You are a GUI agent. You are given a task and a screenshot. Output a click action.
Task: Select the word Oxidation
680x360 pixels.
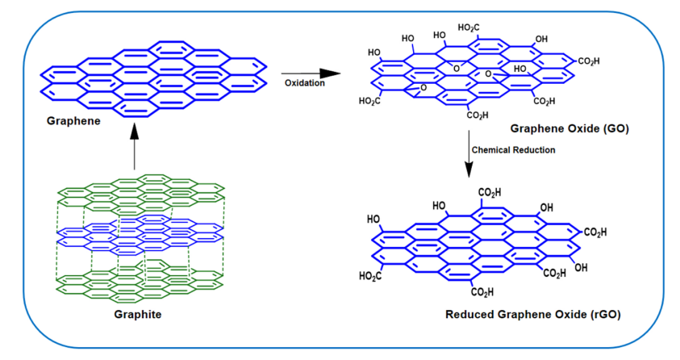click(x=303, y=82)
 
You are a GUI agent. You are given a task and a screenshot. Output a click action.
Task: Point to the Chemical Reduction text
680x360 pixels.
click(x=512, y=149)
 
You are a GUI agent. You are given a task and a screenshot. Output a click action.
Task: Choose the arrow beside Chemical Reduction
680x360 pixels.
click(x=468, y=157)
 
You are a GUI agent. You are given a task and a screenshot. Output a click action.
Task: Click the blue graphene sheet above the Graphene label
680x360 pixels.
click(x=153, y=77)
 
